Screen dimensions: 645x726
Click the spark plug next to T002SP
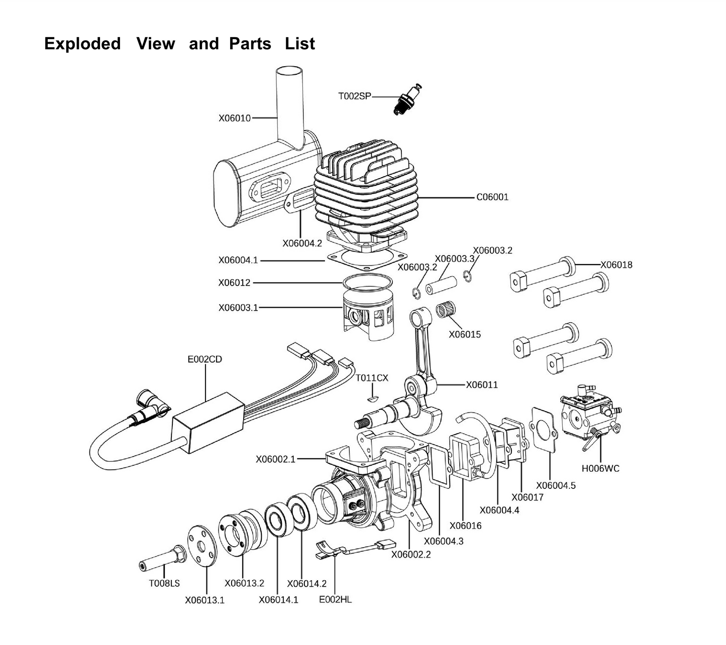(x=407, y=100)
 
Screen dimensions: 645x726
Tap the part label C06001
(x=492, y=197)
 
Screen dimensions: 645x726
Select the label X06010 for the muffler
(x=234, y=118)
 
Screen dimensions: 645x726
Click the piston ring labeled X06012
(x=367, y=282)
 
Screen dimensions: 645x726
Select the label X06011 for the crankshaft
(x=481, y=385)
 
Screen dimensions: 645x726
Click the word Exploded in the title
(x=82, y=44)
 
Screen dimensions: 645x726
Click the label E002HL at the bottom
(x=335, y=599)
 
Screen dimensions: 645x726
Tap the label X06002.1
(x=275, y=459)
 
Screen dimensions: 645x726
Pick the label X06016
(x=465, y=526)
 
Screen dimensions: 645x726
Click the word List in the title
(x=299, y=44)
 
